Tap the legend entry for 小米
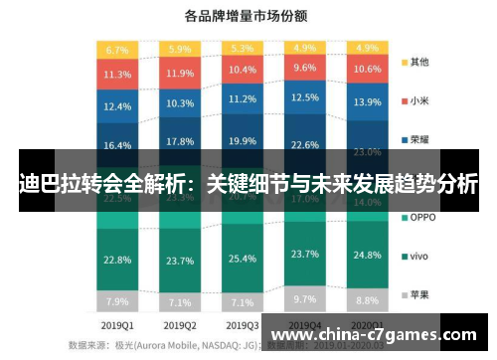point(417,99)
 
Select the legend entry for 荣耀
point(417,138)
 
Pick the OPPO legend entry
point(420,217)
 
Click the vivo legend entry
point(417,256)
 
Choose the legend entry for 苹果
point(417,294)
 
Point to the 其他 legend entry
point(417,61)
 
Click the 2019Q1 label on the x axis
point(117,324)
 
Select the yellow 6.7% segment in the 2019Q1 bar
point(117,49)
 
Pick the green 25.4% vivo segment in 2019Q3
point(242,259)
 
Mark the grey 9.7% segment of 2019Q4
point(304,298)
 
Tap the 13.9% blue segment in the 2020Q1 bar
point(367,102)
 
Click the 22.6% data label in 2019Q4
point(304,143)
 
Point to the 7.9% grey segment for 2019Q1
point(117,301)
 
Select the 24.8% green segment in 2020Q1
point(367,260)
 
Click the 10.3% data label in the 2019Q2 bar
point(180,103)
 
